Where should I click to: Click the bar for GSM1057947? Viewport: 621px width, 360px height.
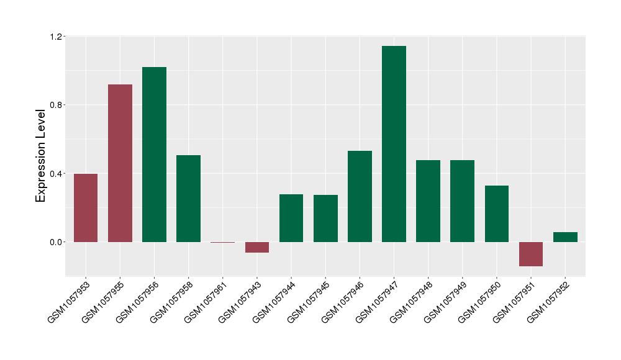pyautogui.click(x=394, y=144)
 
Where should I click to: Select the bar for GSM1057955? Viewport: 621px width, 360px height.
pyautogui.click(x=120, y=163)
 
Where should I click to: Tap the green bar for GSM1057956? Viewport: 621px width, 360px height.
pyautogui.click(x=154, y=155)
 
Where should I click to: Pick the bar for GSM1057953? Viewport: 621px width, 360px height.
pyautogui.click(x=86, y=208)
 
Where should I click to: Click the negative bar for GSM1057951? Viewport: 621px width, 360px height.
pyautogui.click(x=531, y=254)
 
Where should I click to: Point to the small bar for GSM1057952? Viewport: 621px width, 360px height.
pyautogui.click(x=565, y=237)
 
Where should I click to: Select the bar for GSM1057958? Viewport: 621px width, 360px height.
pyautogui.click(x=188, y=199)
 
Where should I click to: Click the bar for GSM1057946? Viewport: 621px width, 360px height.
pyautogui.click(x=360, y=196)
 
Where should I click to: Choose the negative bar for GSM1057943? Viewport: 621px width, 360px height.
pyautogui.click(x=257, y=247)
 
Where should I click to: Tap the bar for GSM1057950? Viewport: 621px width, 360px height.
pyautogui.click(x=497, y=214)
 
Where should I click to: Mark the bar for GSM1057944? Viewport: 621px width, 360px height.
pyautogui.click(x=291, y=218)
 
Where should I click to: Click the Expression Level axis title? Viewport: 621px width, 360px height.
pyautogui.click(x=41, y=156)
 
